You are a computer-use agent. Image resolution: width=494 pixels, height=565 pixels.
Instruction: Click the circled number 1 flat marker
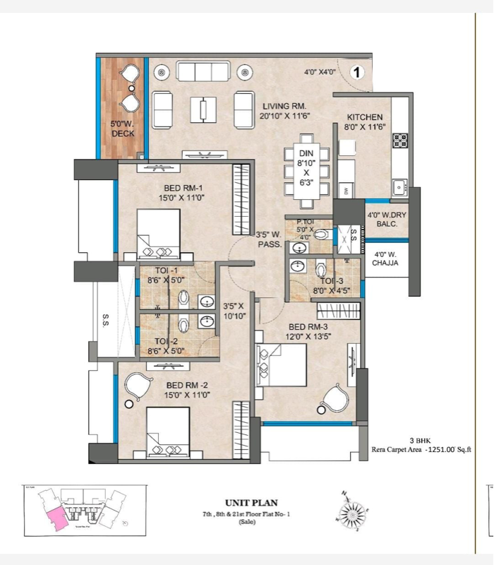pos(357,72)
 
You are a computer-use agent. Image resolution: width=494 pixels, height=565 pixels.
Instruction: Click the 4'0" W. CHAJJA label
pos(385,258)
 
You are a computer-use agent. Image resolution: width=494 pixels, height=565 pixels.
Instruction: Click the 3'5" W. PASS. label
pos(269,239)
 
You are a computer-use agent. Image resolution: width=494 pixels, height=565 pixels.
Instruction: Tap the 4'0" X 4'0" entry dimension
pos(320,72)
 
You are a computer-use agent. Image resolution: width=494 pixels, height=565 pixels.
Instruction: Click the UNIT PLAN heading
pos(247,504)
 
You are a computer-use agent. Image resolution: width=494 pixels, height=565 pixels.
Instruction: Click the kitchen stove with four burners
pos(401,139)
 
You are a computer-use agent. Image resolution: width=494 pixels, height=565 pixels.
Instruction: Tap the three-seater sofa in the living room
pos(203,71)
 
